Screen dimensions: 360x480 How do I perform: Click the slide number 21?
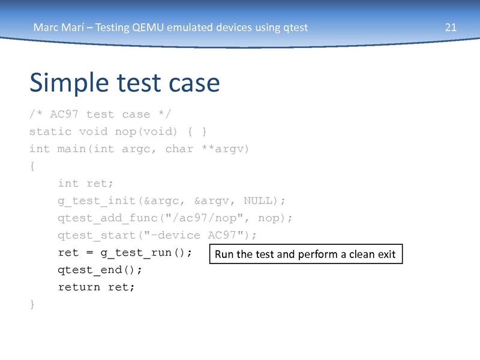pos(451,27)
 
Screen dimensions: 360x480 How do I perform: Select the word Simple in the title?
pos(70,82)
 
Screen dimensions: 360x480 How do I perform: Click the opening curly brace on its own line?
pos(32,166)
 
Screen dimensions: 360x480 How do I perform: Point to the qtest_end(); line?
pos(100,269)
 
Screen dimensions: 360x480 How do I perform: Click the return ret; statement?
pos(97,287)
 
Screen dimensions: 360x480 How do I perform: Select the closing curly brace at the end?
pos(32,304)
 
